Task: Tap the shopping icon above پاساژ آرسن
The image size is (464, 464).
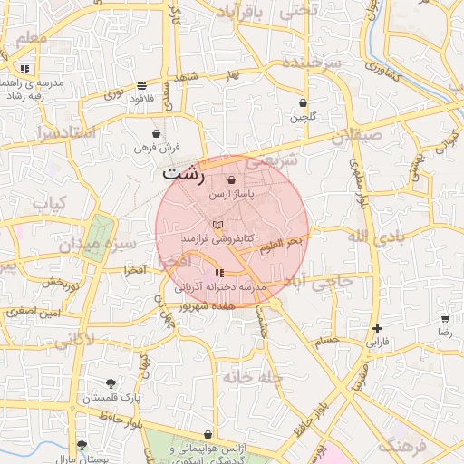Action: (232, 180)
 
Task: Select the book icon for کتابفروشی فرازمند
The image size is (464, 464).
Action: (217, 224)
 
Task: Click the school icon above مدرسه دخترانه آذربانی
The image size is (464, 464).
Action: (219, 273)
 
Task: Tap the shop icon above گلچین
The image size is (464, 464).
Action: (303, 103)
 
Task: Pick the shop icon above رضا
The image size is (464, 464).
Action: (445, 319)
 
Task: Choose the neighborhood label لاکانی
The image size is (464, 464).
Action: (73, 340)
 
